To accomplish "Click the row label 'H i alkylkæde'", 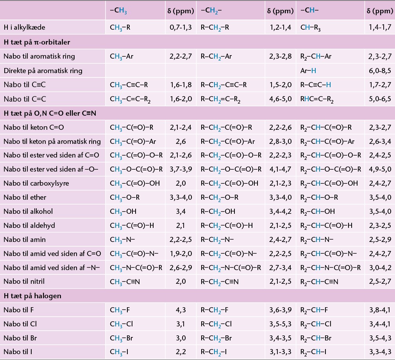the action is click(25, 27).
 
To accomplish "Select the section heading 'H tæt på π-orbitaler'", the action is click(37, 42).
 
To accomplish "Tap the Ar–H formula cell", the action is click(308, 71).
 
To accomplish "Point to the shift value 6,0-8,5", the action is click(380, 71).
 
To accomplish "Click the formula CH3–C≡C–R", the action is click(129, 85).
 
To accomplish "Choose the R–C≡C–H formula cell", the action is click(316, 85).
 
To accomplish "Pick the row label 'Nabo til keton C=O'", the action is click(34, 127).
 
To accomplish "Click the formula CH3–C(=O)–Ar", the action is click(133, 141).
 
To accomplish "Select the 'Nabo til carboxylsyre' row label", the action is click(36, 183).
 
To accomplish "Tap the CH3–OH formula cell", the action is click(123, 211).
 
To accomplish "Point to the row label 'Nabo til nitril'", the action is click(24, 281).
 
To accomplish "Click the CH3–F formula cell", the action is click(120, 310).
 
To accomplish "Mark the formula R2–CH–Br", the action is click(316, 339).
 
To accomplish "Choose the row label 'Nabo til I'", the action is click(18, 352).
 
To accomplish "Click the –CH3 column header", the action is click(118, 11).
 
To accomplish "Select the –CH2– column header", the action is click(211, 11).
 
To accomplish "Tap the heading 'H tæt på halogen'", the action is click(32, 296).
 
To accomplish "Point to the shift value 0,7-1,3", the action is click(181, 27).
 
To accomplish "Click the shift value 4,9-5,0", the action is click(380, 169).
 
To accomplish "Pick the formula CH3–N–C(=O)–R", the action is click(136, 268).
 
